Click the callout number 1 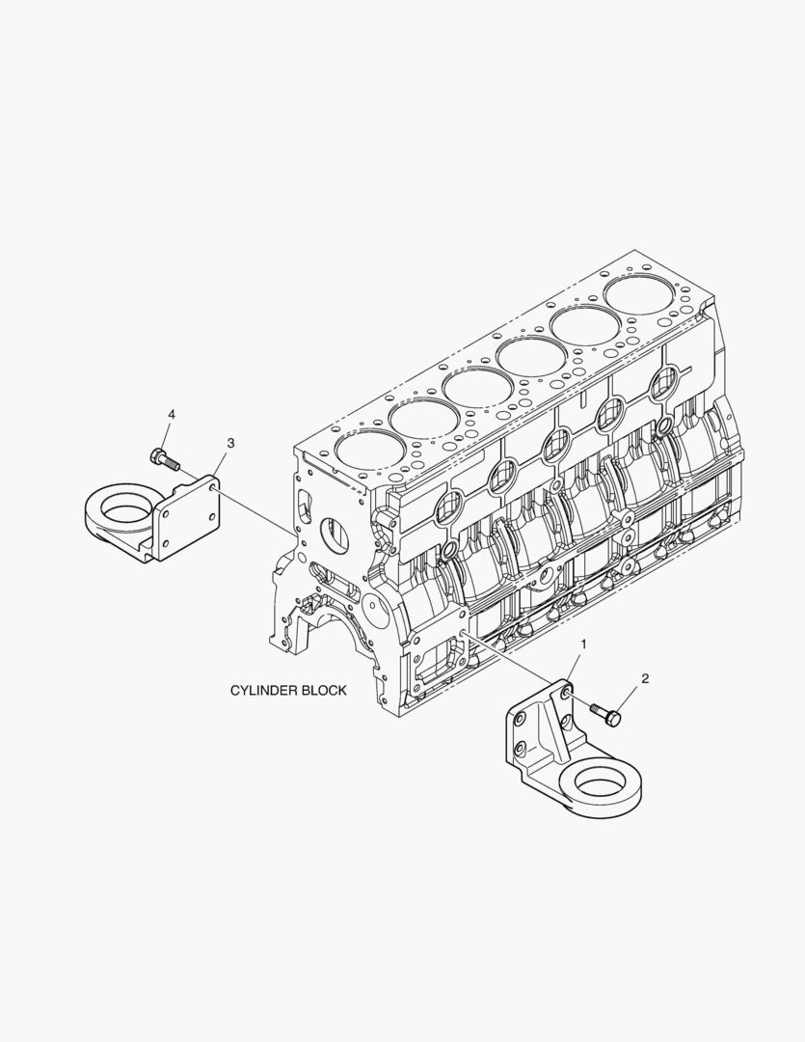pyautogui.click(x=584, y=644)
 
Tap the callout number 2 pyautogui.click(x=644, y=678)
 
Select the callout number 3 pyautogui.click(x=230, y=443)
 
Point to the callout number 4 pyautogui.click(x=172, y=414)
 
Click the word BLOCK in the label pyautogui.click(x=324, y=691)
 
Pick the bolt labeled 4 pyautogui.click(x=165, y=459)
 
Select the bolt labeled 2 pyautogui.click(x=605, y=713)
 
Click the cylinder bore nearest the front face pyautogui.click(x=370, y=448)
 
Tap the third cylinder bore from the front pyautogui.click(x=477, y=387)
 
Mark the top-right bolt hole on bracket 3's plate pyautogui.click(x=213, y=489)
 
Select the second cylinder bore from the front pyautogui.click(x=425, y=417)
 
